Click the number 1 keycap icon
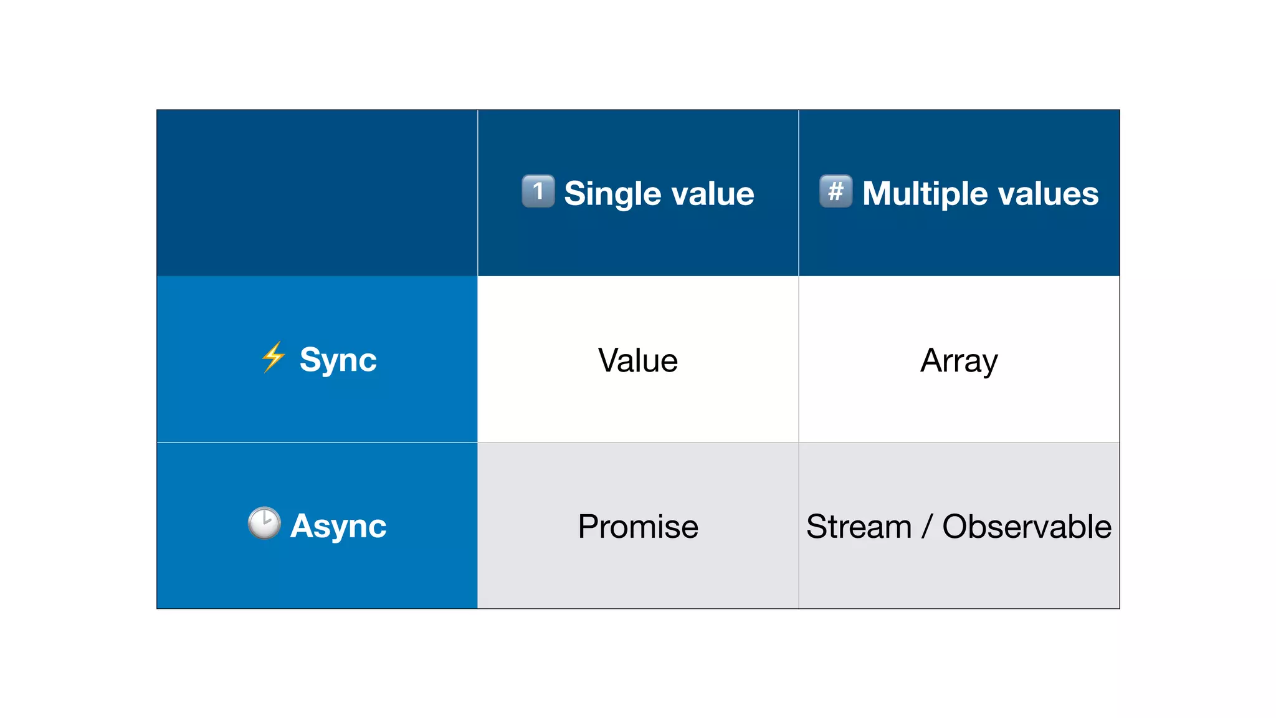538,191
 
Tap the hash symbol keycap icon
836,191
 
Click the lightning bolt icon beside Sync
273,357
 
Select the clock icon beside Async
264,522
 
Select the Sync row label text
338,360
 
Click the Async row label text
338,526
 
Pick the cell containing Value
638,360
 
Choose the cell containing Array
959,360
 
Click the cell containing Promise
638,526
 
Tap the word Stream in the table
859,527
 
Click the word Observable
1027,527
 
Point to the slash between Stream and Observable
927,527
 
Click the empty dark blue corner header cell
317,193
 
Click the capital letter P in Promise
589,526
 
